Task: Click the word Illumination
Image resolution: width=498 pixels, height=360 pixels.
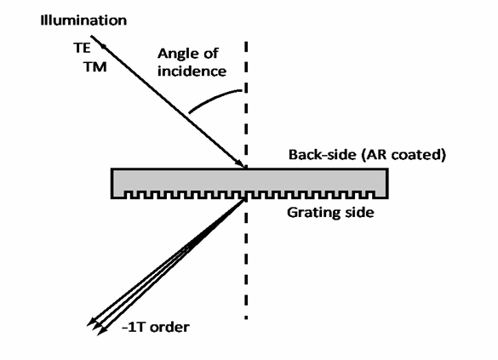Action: click(x=83, y=20)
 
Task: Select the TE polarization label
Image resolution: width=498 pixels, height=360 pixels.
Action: click(x=82, y=48)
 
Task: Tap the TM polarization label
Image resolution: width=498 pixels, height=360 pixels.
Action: click(x=95, y=67)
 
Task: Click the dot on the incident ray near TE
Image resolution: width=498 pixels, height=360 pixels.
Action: click(x=103, y=47)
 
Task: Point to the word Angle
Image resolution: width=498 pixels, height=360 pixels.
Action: click(x=178, y=54)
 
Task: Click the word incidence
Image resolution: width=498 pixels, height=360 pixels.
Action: click(x=192, y=71)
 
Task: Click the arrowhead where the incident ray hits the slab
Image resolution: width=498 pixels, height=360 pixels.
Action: click(x=239, y=163)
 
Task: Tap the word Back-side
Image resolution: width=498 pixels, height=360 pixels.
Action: click(x=323, y=155)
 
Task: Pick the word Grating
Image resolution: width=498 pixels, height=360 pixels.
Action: click(x=314, y=213)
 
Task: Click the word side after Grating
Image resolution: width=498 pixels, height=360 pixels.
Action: click(x=359, y=212)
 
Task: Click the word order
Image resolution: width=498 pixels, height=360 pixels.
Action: click(x=169, y=327)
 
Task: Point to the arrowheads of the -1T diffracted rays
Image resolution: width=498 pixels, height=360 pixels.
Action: click(x=96, y=326)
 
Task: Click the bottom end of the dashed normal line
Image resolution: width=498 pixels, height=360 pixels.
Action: click(x=246, y=318)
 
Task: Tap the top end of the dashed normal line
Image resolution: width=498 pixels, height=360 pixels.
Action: click(x=246, y=42)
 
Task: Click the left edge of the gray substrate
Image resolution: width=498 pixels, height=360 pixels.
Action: click(x=112, y=184)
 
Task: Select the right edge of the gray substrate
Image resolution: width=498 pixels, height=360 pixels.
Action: click(x=387, y=184)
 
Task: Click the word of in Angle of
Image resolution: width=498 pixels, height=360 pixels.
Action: click(x=211, y=53)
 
